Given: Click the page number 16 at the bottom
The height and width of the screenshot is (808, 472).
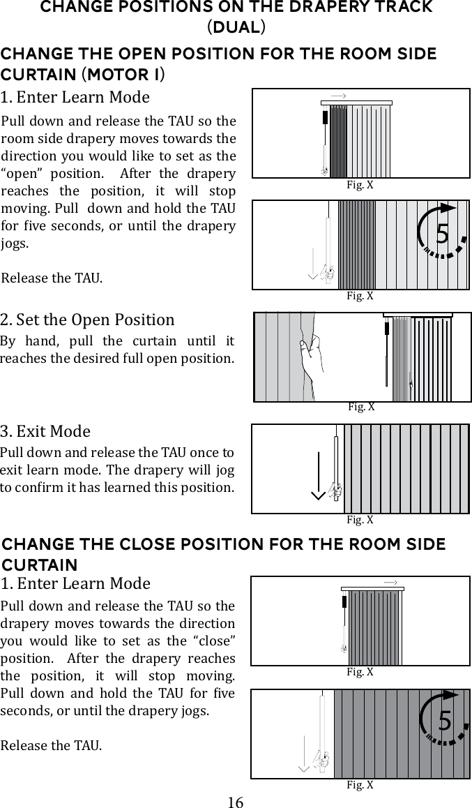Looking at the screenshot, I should [236, 802].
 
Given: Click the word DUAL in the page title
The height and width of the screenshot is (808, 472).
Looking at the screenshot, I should [236, 28].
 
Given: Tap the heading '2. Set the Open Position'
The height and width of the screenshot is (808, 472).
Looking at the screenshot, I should [88, 320].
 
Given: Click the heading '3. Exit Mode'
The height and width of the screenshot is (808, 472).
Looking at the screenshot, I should [45, 431].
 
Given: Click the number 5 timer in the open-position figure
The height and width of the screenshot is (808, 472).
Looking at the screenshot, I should [442, 233].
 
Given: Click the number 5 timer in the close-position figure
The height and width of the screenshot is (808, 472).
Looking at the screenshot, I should [444, 721].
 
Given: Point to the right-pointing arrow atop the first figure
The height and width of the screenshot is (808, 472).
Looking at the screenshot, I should [339, 95].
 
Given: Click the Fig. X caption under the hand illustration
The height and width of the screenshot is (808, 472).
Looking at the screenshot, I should [361, 407].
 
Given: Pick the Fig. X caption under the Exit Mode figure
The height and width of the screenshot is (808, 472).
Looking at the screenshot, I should [360, 520].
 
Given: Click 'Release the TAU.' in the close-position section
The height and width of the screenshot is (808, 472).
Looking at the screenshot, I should [51, 745].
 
